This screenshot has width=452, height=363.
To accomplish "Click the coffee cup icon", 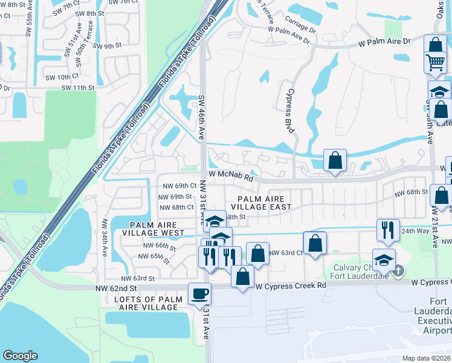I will [x=199, y=295].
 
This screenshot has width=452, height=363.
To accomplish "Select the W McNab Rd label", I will [x=230, y=175].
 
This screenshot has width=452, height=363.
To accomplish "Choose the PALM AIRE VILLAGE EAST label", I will [x=264, y=203].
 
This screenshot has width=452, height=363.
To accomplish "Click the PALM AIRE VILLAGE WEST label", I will [x=153, y=228].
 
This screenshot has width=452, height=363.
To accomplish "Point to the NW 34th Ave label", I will [x=105, y=235].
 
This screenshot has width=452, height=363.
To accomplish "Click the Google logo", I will [x=21, y=355].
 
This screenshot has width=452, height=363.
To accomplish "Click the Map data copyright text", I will [x=427, y=358].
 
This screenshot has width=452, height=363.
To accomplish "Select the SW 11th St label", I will [x=73, y=88].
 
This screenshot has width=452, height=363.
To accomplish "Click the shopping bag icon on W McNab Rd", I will [x=335, y=160].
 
